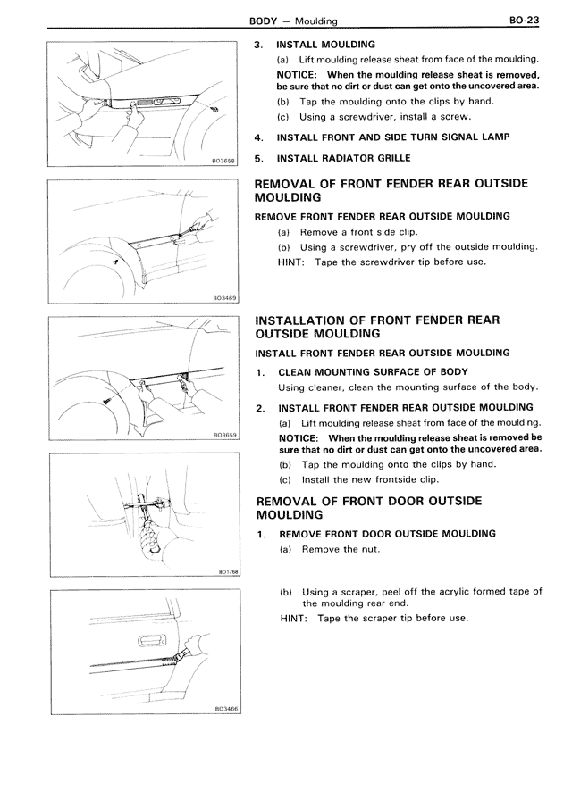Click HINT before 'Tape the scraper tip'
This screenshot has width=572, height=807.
click(x=295, y=618)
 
